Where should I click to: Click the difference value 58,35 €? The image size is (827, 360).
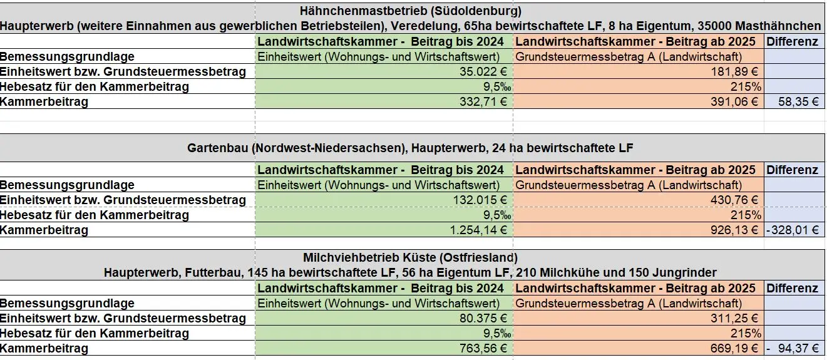click(x=798, y=101)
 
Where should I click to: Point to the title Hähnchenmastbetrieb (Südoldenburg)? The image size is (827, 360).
click(x=411, y=11)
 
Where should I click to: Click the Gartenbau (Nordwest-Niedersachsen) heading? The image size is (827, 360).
click(x=410, y=148)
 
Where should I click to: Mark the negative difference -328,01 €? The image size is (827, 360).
click(x=793, y=230)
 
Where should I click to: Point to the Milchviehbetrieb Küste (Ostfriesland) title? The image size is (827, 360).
click(x=410, y=257)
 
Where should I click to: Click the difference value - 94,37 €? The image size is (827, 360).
click(x=793, y=348)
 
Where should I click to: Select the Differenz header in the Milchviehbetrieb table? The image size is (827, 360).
click(x=793, y=289)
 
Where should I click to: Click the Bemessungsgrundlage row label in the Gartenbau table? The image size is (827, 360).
click(x=68, y=185)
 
